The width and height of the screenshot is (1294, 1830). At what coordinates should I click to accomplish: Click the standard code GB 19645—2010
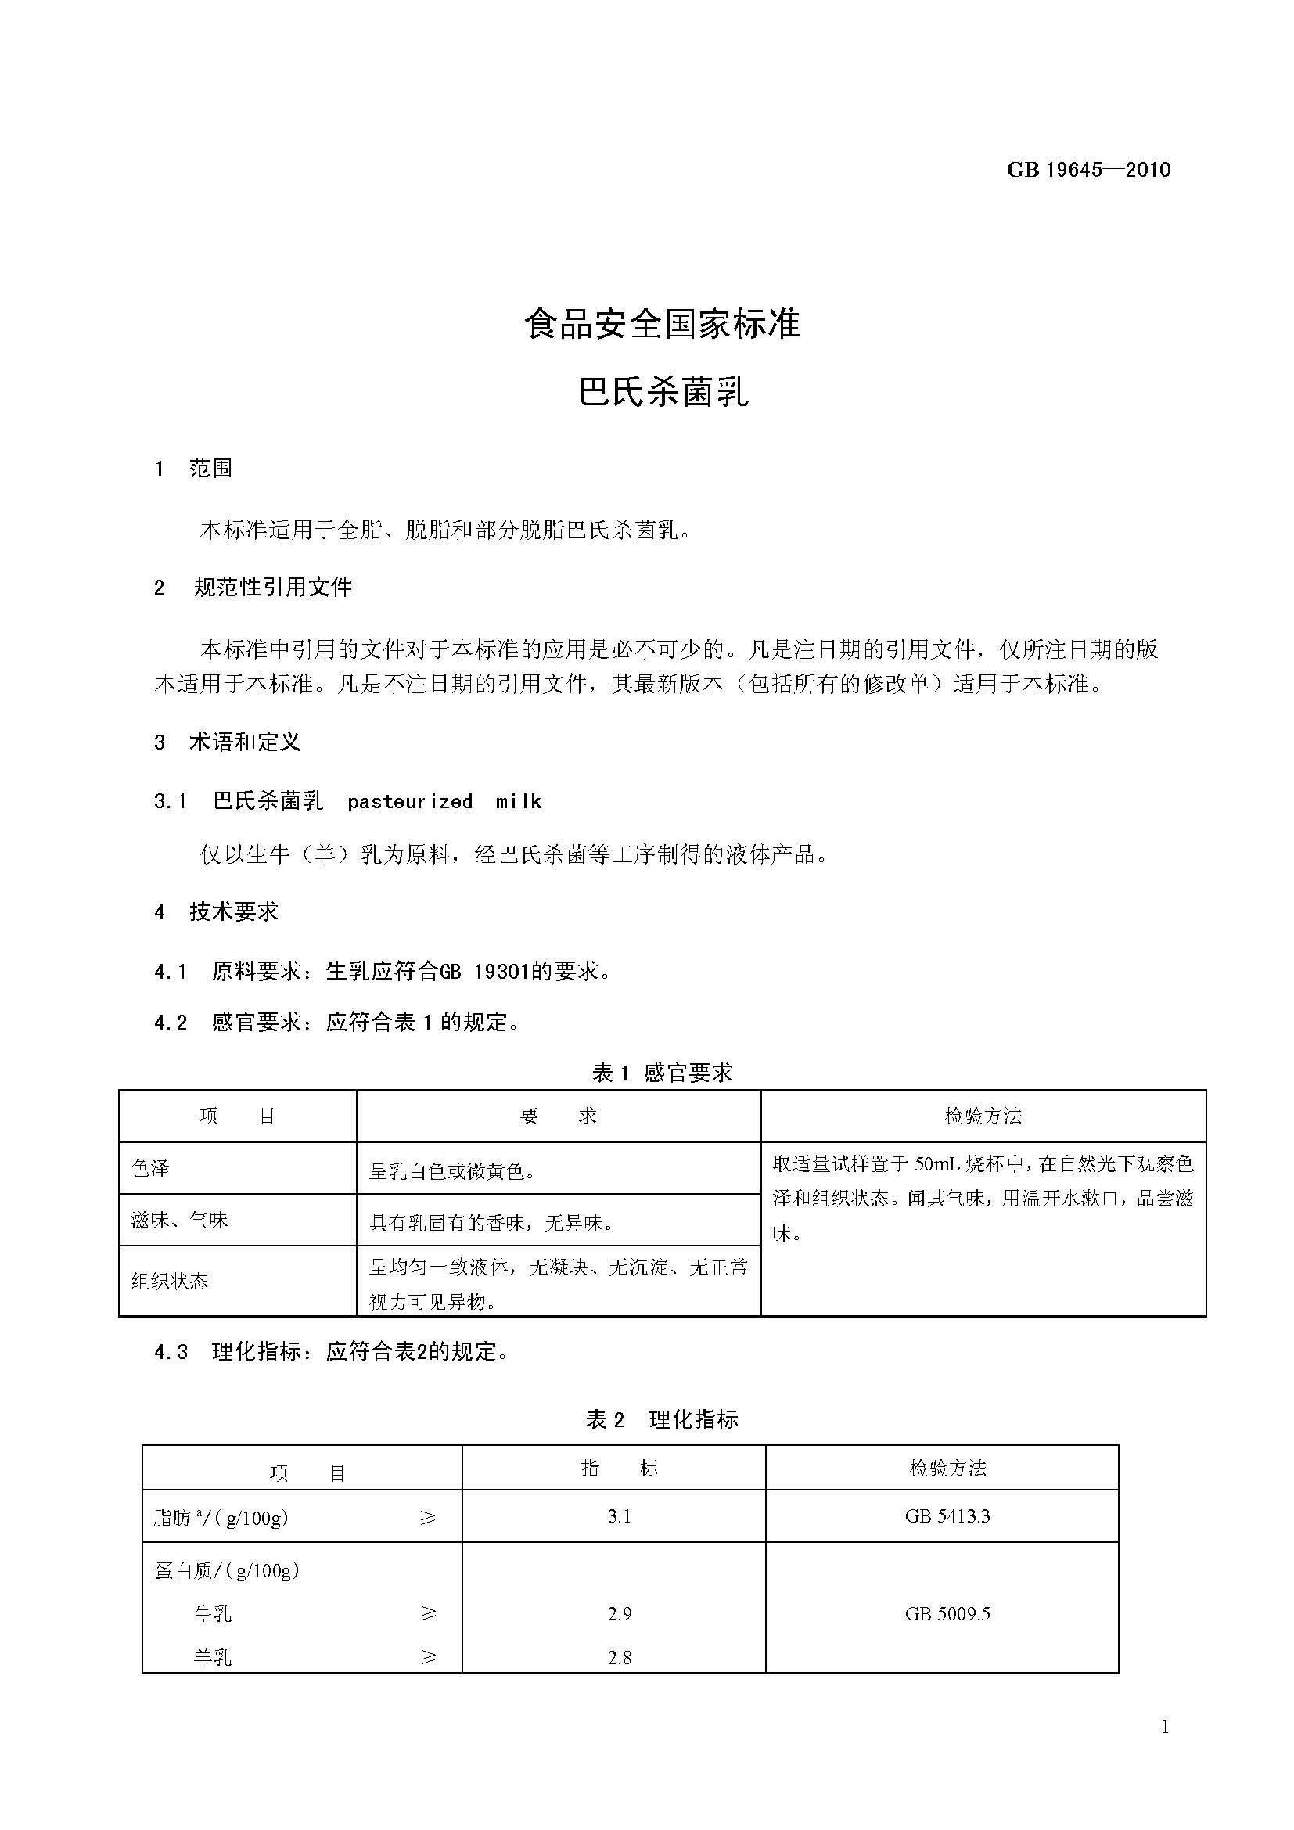(x=1088, y=170)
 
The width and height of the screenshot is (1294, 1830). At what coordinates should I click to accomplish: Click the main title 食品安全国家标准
(x=662, y=325)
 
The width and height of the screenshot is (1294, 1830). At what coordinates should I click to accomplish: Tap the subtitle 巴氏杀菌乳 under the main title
(x=663, y=392)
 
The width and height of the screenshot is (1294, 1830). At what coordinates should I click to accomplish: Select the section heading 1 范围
(x=193, y=469)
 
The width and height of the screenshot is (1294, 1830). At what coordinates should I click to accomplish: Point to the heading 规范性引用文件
(x=272, y=588)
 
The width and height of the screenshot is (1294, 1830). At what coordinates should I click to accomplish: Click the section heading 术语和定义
(x=245, y=742)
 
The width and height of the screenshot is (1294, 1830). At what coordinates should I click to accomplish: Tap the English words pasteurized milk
(x=444, y=802)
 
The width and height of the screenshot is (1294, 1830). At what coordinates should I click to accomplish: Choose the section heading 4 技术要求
(x=217, y=911)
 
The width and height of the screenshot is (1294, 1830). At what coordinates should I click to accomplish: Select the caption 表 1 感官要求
(x=662, y=1073)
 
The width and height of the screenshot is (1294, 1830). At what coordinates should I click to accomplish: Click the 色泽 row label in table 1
(x=150, y=1168)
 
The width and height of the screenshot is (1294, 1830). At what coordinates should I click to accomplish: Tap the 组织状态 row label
(x=170, y=1281)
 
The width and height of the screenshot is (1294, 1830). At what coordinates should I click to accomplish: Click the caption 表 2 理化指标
(x=662, y=1419)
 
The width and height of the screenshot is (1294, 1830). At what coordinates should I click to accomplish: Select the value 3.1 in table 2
(x=619, y=1517)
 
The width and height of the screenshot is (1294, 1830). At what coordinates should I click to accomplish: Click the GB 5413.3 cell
(x=947, y=1517)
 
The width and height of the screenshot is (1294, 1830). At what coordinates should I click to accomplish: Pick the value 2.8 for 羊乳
(x=619, y=1658)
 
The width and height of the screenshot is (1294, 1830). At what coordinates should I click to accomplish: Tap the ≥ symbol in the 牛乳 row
(x=428, y=1614)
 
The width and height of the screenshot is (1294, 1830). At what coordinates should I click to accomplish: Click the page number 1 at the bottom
(x=1165, y=1728)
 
